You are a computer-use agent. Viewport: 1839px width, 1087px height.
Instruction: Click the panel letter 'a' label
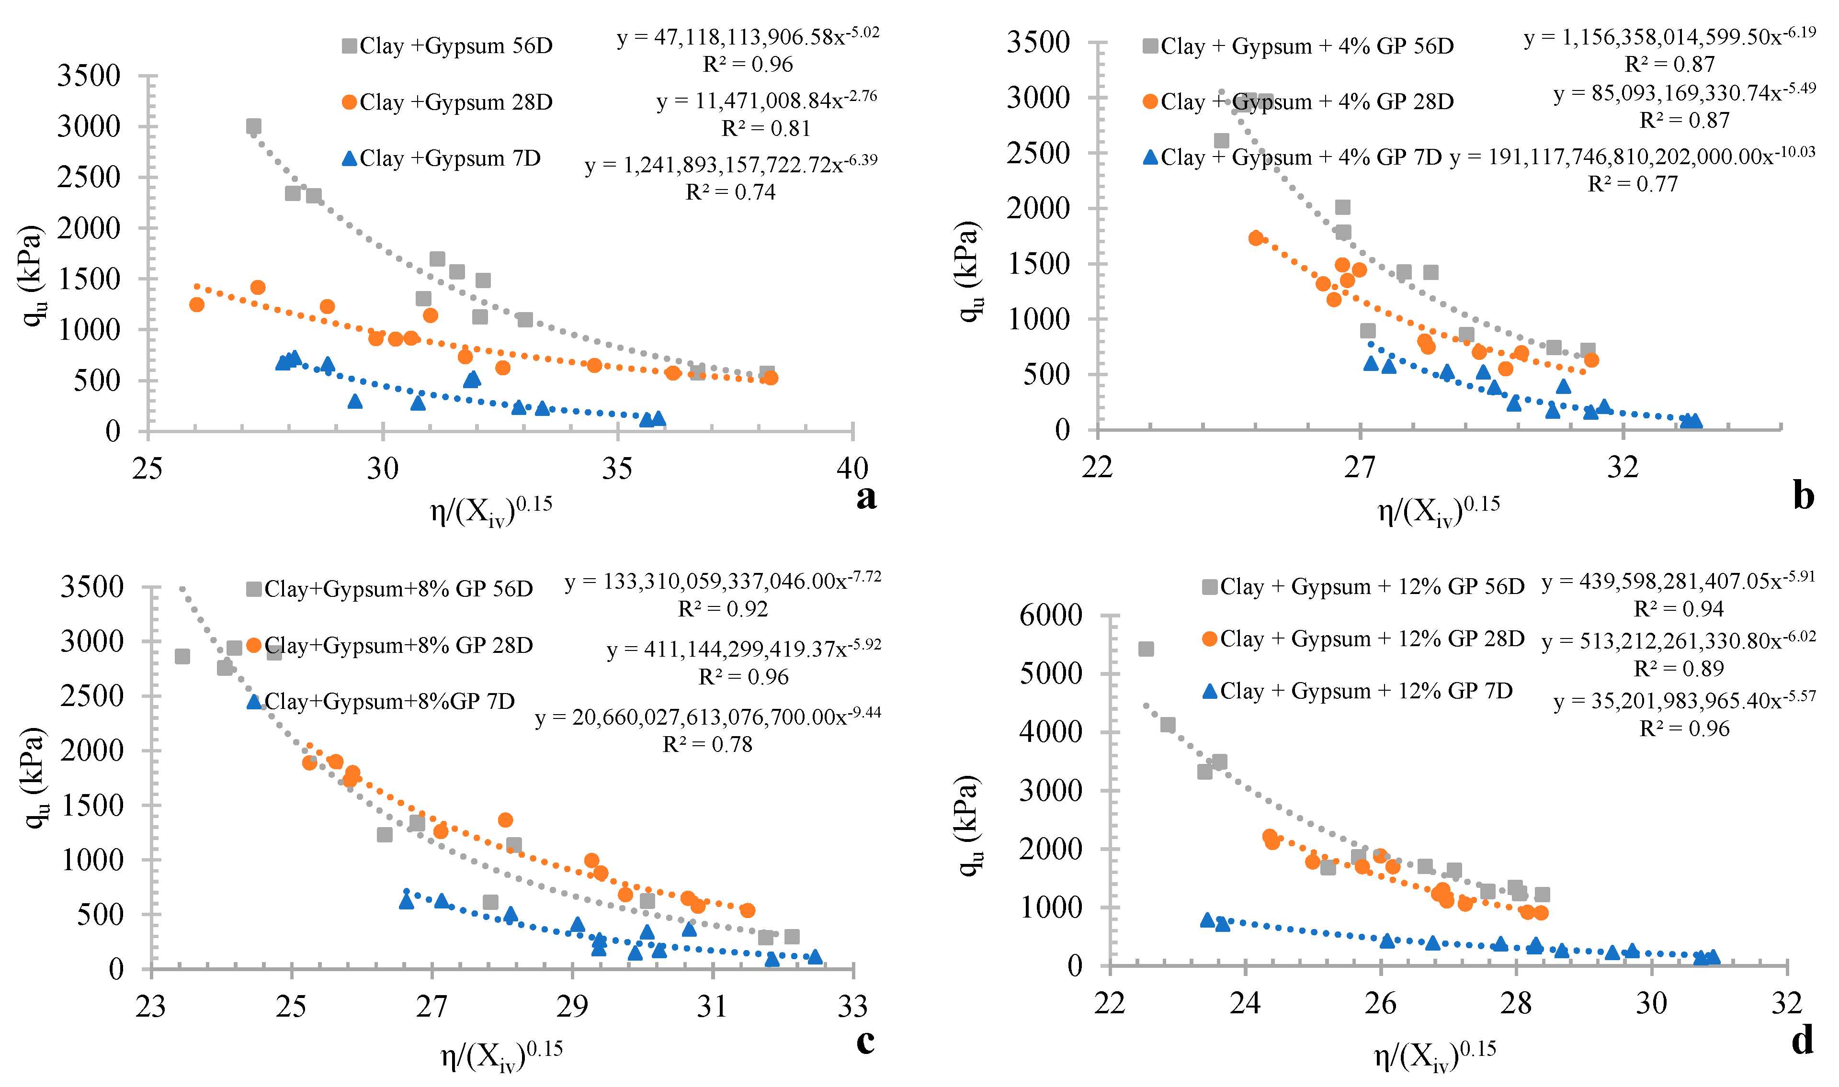coord(865,497)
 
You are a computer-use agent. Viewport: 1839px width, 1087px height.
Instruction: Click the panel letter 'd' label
coord(1803,1040)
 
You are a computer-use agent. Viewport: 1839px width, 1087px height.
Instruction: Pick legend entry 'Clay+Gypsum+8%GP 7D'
coord(381,701)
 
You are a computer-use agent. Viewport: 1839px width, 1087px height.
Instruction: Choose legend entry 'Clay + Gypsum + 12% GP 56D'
coord(1363,587)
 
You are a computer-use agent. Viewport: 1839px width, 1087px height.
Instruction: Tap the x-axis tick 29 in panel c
coord(571,1007)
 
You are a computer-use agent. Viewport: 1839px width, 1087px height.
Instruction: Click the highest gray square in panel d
coord(1146,649)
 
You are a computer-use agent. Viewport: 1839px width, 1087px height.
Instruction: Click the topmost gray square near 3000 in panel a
coord(253,126)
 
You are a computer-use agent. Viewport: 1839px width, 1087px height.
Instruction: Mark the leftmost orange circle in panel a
coord(196,304)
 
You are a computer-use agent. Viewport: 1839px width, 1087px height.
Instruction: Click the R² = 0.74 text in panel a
coord(730,192)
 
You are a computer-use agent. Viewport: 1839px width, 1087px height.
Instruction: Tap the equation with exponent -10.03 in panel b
coord(1632,157)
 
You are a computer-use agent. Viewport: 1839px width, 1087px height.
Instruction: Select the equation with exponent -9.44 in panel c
coord(708,717)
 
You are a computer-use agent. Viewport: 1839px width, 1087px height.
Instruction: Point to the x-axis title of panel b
coord(1438,511)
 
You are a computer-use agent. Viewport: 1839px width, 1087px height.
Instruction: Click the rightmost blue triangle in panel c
coord(815,957)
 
